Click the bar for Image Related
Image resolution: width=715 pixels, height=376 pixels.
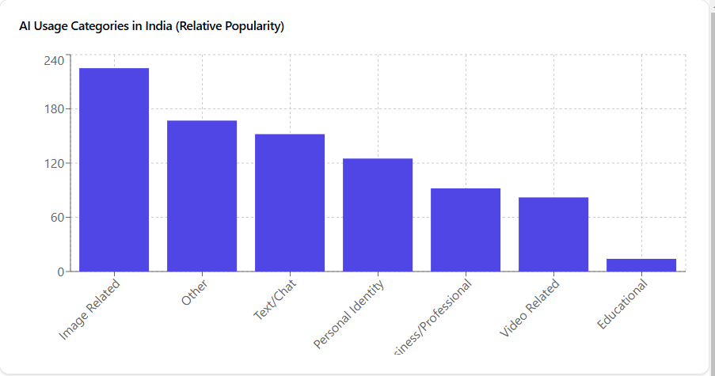click(x=114, y=169)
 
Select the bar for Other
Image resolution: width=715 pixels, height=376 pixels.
click(x=202, y=196)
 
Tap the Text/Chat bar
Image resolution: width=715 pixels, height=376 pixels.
click(x=290, y=203)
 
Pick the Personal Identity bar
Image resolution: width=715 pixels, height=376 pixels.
click(x=378, y=215)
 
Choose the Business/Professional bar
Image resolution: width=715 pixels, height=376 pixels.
click(x=466, y=230)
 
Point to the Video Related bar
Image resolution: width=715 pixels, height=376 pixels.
click(x=553, y=234)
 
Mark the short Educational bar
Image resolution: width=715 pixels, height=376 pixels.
click(x=641, y=265)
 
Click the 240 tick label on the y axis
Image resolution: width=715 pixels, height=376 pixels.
click(x=54, y=60)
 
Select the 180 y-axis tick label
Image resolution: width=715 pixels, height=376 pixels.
click(x=54, y=109)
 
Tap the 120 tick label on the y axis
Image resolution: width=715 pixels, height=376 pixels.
click(x=54, y=164)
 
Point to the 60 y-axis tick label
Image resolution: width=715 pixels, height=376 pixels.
click(x=57, y=218)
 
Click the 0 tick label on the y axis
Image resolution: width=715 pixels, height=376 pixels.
click(x=60, y=272)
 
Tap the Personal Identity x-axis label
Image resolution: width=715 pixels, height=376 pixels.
click(x=349, y=314)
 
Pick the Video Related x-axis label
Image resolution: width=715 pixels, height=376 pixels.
click(x=529, y=309)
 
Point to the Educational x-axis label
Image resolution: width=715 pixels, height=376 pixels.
click(x=622, y=306)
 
